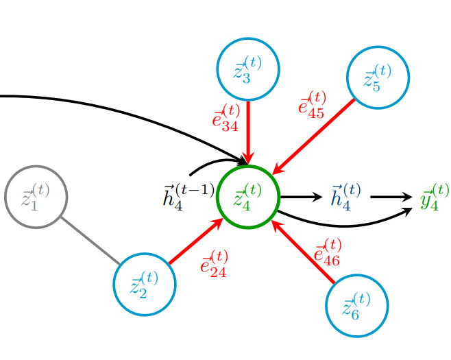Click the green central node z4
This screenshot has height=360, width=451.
(247, 197)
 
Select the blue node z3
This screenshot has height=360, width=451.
(247, 69)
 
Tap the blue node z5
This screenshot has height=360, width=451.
(378, 77)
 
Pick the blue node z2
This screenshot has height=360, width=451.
(145, 284)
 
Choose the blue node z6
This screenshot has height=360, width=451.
(356, 306)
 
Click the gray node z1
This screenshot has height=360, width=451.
(36, 197)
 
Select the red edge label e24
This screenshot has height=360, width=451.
(214, 263)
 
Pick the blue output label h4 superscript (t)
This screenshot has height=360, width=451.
(345, 197)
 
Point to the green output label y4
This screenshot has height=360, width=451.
(435, 197)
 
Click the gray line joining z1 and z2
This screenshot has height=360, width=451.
(90, 241)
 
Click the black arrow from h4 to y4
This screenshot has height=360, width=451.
(391, 197)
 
